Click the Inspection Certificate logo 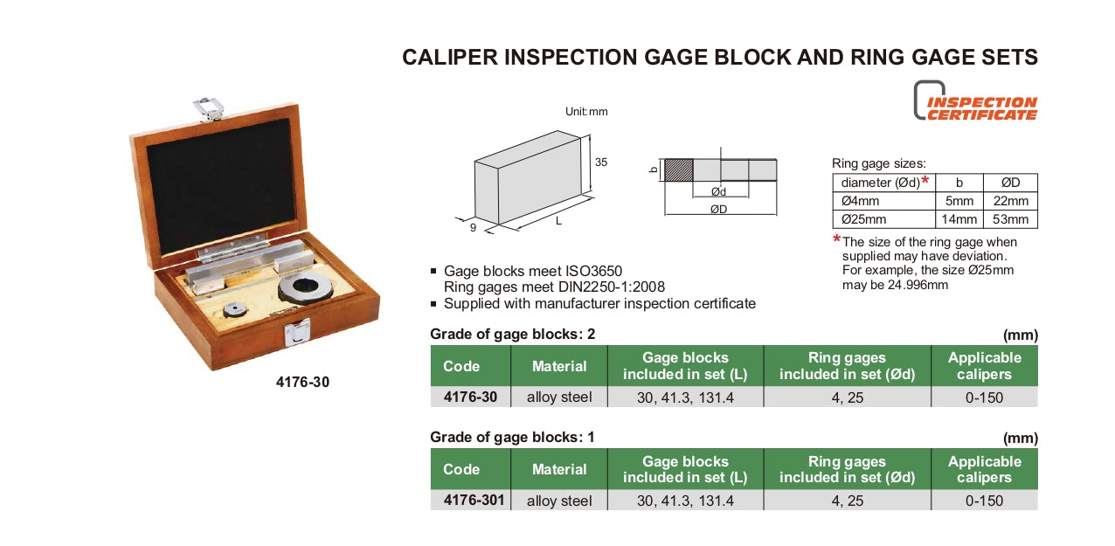pos(975,101)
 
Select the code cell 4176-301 pos(470,501)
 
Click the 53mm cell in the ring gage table pos(1011,219)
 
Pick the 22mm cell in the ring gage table pos(1011,201)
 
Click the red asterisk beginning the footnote pos(836,240)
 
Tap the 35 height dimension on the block pos(601,162)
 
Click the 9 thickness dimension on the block pos(472,227)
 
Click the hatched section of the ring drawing pos(678,169)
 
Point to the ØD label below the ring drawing pos(718,209)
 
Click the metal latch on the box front pos(298,331)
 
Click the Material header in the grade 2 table pos(559,366)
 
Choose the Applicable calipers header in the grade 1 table pos(984,469)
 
